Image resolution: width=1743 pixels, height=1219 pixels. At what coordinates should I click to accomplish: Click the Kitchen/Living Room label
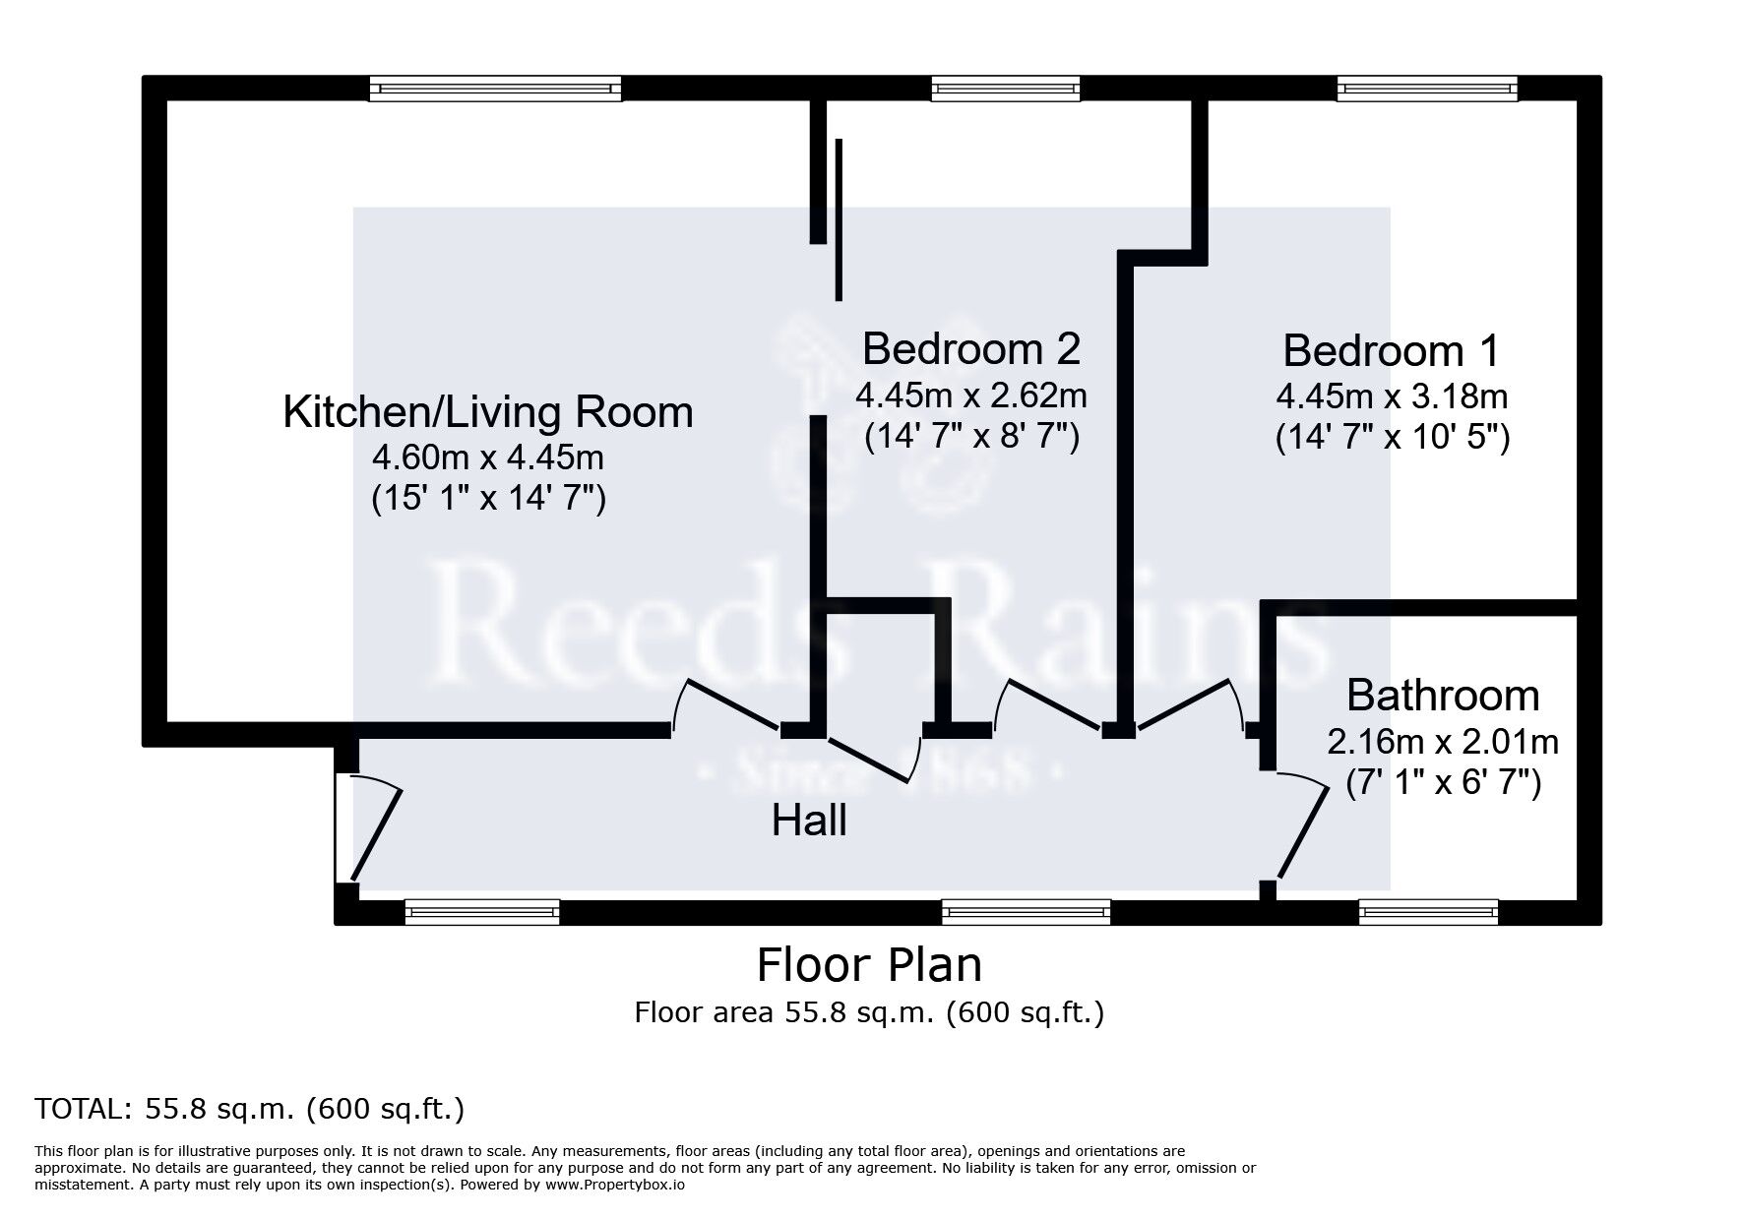487,412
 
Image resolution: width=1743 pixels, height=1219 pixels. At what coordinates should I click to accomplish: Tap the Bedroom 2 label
970,348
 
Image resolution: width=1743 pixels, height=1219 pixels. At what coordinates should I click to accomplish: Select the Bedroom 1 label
1391,351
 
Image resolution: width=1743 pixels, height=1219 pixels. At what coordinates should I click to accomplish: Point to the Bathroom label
1442,696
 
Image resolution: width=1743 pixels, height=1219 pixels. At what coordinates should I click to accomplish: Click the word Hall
808,821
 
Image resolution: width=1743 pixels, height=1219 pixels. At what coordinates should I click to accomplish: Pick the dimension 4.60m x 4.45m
487,457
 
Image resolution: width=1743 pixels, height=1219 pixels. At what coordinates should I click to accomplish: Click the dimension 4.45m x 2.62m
970,396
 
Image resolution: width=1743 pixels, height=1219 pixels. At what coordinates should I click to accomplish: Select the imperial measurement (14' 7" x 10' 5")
1392,437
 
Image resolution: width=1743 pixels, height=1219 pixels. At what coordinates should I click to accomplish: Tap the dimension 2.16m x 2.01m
1442,740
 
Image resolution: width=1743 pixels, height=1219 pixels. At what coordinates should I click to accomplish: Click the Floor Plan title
869,965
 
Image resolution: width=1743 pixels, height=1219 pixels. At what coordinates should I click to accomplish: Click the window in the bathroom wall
1427,912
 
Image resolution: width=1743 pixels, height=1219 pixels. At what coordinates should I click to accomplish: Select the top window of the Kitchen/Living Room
495,90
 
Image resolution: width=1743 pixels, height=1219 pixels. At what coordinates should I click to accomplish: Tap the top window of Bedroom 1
1427,90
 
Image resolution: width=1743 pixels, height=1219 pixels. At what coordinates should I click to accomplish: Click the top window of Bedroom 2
1005,90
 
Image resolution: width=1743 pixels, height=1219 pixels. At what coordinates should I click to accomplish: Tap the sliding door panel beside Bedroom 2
839,218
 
